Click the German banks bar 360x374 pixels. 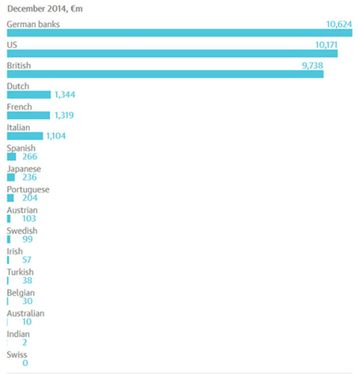click(x=179, y=33)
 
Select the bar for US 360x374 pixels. click(x=172, y=54)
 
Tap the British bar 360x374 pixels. click(x=165, y=74)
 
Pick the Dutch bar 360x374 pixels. click(x=29, y=95)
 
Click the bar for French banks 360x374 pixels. click(x=28, y=115)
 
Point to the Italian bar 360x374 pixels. click(x=25, y=136)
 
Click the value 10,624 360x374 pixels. click(x=339, y=24)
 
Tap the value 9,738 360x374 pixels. click(x=313, y=65)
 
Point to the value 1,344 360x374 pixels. click(x=65, y=95)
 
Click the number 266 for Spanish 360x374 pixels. click(x=30, y=157)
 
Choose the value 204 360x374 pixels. click(x=30, y=198)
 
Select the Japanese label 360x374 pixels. click(x=24, y=169)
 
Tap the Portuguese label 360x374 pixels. click(x=28, y=190)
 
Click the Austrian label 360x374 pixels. click(x=22, y=210)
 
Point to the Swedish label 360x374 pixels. click(x=22, y=231)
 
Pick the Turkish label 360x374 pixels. click(x=20, y=272)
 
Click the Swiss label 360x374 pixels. click(x=17, y=355)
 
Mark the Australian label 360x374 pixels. click(x=25, y=313)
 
